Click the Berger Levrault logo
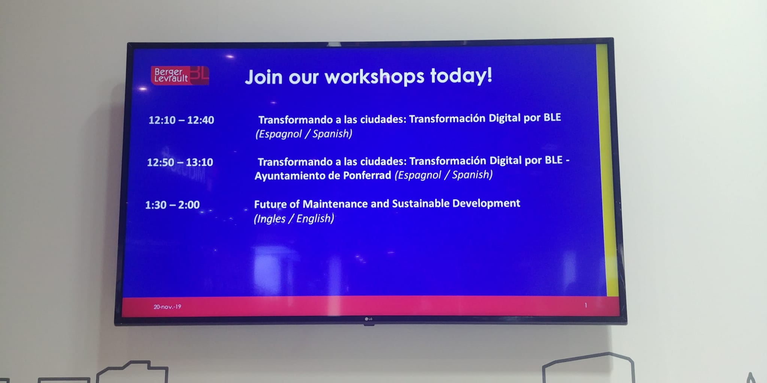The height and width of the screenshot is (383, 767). point(180,75)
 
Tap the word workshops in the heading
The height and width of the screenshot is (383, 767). point(374,77)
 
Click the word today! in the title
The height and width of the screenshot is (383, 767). point(461,76)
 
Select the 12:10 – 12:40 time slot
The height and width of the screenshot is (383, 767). point(181,120)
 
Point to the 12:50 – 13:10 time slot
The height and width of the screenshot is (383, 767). point(180,162)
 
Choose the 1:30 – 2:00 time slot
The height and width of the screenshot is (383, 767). point(172,205)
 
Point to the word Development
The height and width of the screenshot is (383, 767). point(486,203)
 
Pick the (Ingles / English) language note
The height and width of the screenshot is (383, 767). point(294,218)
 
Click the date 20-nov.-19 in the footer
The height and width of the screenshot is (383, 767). point(167,307)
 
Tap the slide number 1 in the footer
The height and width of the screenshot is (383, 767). point(586,306)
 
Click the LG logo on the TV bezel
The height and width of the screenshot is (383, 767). point(369,319)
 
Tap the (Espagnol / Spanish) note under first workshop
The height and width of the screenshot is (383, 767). point(304,134)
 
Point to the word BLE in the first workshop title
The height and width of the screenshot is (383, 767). point(552,117)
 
